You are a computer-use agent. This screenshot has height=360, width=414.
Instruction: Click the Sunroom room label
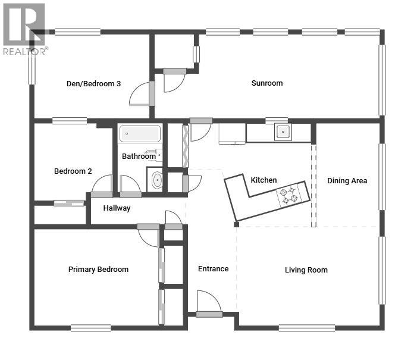(x=266, y=83)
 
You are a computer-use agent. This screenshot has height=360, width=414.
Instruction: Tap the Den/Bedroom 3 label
(x=93, y=84)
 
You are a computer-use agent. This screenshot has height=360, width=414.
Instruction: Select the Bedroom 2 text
(x=73, y=171)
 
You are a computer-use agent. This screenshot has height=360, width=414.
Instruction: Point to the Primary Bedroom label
(x=98, y=270)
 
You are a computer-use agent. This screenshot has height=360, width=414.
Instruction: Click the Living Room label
(x=306, y=270)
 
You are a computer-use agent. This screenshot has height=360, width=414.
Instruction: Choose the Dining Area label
(x=347, y=181)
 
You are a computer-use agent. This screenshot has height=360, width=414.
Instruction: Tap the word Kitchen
(x=264, y=180)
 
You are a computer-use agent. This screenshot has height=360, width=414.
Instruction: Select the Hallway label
(x=117, y=208)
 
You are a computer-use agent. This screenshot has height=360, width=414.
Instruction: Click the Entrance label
(x=213, y=269)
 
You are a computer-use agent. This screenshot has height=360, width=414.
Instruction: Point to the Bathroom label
(x=139, y=156)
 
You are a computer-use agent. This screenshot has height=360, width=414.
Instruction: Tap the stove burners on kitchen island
(x=288, y=195)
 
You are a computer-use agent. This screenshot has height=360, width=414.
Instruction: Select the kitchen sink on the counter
(x=283, y=132)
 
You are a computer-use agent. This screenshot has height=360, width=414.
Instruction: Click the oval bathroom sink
(x=156, y=180)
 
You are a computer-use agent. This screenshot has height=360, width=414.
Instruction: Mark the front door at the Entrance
(x=209, y=303)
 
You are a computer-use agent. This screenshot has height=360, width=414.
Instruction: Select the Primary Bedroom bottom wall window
(x=90, y=327)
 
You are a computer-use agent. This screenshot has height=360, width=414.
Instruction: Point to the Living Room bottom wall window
(x=306, y=327)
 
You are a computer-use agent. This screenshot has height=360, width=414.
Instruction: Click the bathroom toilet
(x=158, y=156)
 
